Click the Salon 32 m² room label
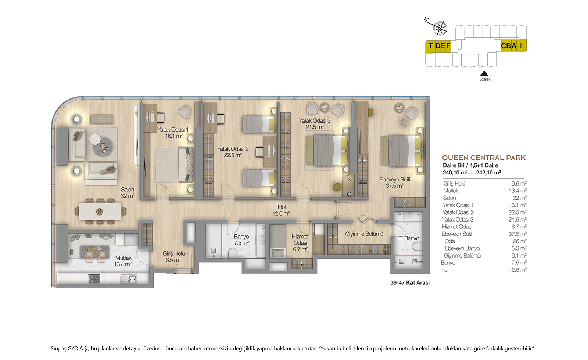(128, 192)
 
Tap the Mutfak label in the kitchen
(123, 258)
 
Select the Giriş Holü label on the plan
(173, 253)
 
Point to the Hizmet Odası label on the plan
(300, 240)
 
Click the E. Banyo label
(409, 238)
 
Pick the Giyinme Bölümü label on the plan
(364, 234)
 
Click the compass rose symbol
(440, 28)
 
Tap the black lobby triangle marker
(484, 73)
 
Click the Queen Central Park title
(484, 158)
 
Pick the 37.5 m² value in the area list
(517, 234)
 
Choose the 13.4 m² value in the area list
(517, 191)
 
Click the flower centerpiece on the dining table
(99, 211)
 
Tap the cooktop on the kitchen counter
(94, 279)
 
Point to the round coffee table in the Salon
(103, 147)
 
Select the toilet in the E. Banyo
(418, 246)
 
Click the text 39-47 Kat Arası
(410, 282)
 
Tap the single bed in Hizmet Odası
(278, 241)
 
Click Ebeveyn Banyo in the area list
(462, 248)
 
